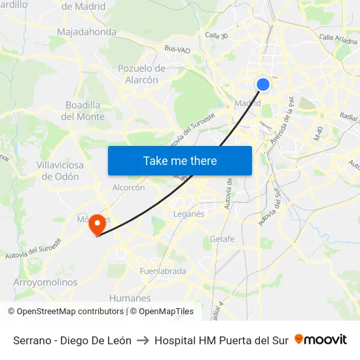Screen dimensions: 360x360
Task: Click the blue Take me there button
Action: click(180, 160)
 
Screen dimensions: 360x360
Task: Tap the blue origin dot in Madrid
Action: click(262, 84)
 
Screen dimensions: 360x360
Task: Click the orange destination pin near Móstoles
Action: click(98, 225)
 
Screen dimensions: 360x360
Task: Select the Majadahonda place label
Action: click(86, 31)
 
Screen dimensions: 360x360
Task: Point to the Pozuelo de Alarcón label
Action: click(141, 74)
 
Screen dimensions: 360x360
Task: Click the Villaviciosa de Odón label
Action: click(60, 171)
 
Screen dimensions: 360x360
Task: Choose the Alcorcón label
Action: click(128, 187)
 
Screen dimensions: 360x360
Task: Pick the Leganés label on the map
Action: click(189, 214)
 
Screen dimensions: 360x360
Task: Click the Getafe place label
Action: click(222, 239)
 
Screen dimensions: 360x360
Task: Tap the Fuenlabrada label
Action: click(163, 271)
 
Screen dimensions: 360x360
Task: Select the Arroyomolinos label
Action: click(45, 283)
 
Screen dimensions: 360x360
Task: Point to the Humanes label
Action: click(130, 298)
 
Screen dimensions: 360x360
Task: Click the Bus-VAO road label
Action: click(177, 48)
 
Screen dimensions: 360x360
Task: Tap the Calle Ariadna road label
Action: click(337, 38)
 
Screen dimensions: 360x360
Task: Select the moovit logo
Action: click(321, 340)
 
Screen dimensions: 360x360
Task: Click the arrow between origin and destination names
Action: click(143, 340)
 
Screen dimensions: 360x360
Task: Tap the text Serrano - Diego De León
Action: click(72, 340)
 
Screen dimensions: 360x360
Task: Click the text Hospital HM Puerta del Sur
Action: click(221, 340)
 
